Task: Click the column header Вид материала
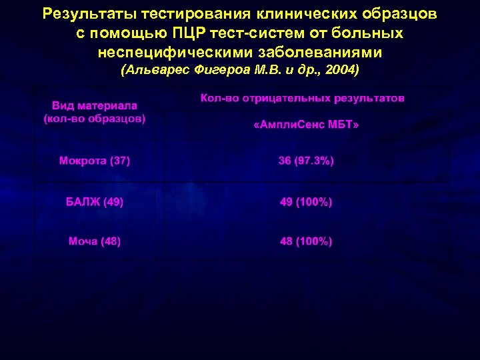95,105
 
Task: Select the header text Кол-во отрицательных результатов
302,98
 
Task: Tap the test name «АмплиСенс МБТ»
306,126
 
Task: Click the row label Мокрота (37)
95,161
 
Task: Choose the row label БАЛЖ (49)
94,201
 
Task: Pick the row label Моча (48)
95,241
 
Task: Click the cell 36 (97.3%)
306,161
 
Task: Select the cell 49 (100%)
306,201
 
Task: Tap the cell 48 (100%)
306,241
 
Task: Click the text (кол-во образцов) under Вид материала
95,119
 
